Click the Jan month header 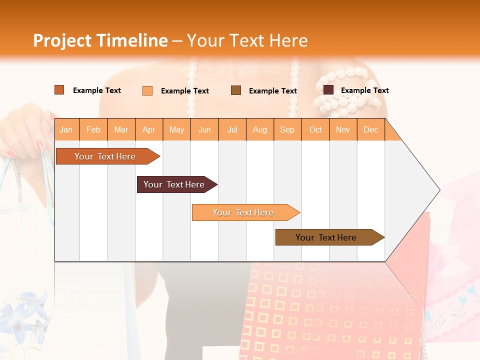coord(66,130)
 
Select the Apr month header coord(149,130)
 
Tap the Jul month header coord(232,130)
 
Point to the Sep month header coord(287,130)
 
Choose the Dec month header coord(370,130)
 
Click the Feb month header coord(93,130)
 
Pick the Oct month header coord(315,130)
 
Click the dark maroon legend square coord(328,90)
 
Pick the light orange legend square coord(147,90)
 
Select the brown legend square coord(236,90)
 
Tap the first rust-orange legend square coord(59,90)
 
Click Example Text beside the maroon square coord(364,90)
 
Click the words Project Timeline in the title coord(100,40)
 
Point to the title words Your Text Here coord(247,40)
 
